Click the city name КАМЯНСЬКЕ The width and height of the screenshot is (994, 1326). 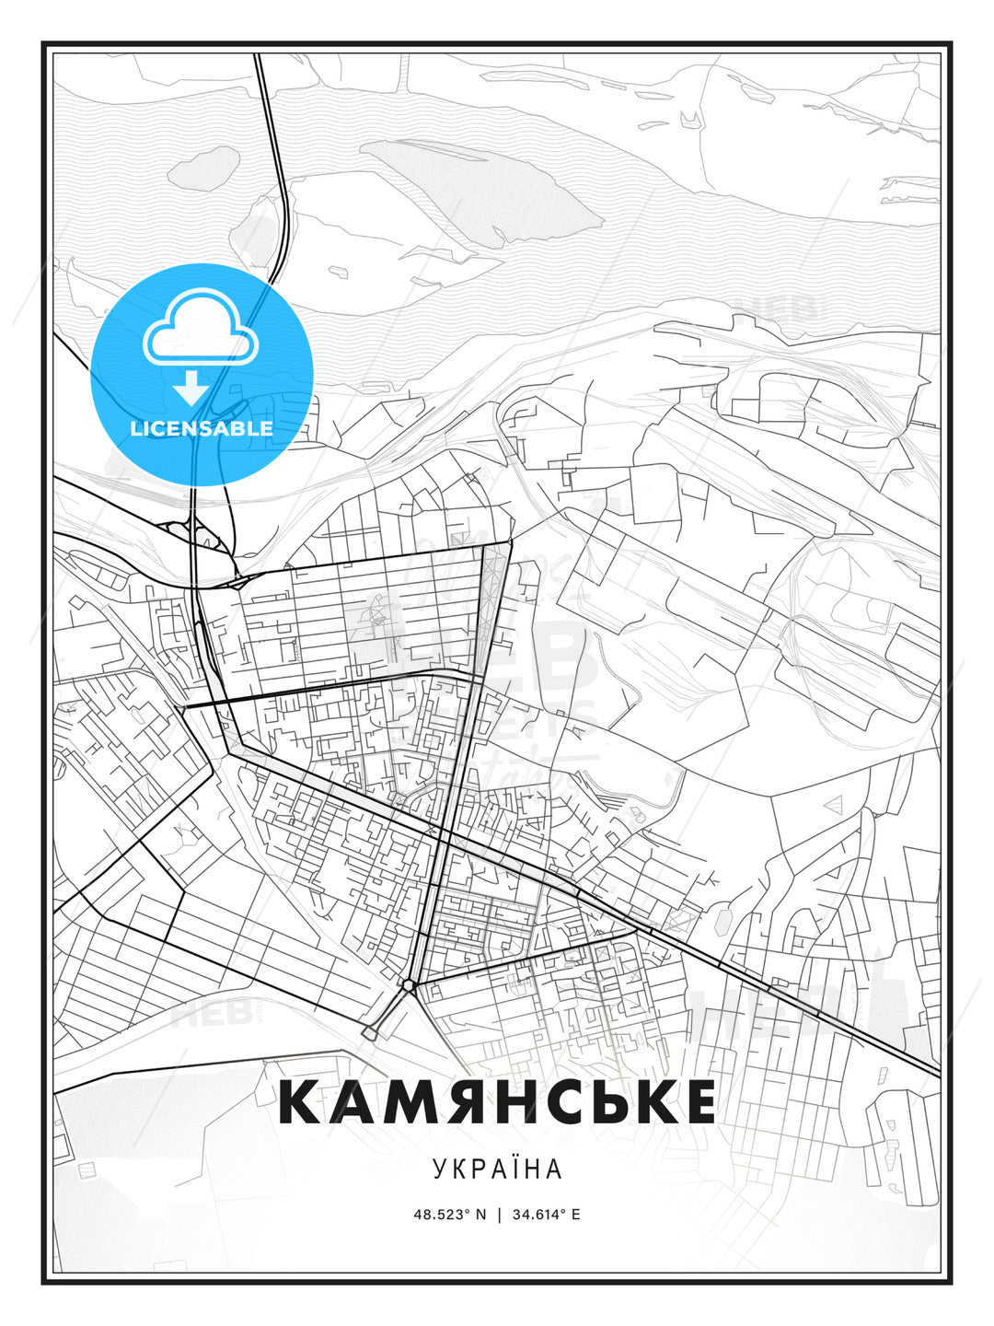(x=497, y=1102)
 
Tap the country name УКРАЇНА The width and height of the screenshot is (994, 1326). (x=497, y=1169)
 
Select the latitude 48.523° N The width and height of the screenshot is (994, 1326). (x=449, y=1215)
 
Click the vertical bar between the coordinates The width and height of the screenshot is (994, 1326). (x=498, y=1215)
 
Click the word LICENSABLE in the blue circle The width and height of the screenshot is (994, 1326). (x=202, y=428)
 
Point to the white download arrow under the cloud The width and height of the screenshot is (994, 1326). (x=191, y=388)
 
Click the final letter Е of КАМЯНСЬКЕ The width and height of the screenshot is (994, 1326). (x=699, y=1102)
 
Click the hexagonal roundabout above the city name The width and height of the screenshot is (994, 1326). (x=408, y=985)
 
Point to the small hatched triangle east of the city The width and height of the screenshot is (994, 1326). (x=836, y=804)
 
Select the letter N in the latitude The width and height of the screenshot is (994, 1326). (x=480, y=1215)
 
